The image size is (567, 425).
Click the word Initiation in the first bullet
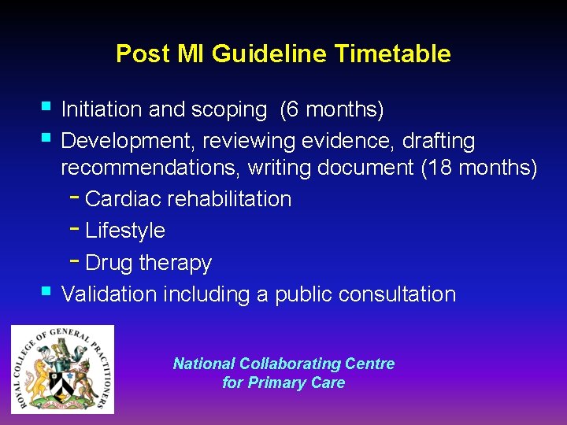pyautogui.click(x=102, y=109)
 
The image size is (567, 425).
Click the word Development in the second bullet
pyautogui.click(x=128, y=141)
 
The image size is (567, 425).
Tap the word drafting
pyautogui.click(x=439, y=141)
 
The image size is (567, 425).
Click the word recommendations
pyautogui.click(x=151, y=168)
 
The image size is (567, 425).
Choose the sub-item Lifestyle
pyautogui.click(x=125, y=231)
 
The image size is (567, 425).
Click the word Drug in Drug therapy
pyautogui.click(x=108, y=262)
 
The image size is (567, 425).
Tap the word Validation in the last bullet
pyautogui.click(x=109, y=294)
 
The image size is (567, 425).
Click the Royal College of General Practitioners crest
pyautogui.click(x=62, y=369)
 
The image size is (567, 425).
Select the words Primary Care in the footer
pyautogui.click(x=296, y=383)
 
